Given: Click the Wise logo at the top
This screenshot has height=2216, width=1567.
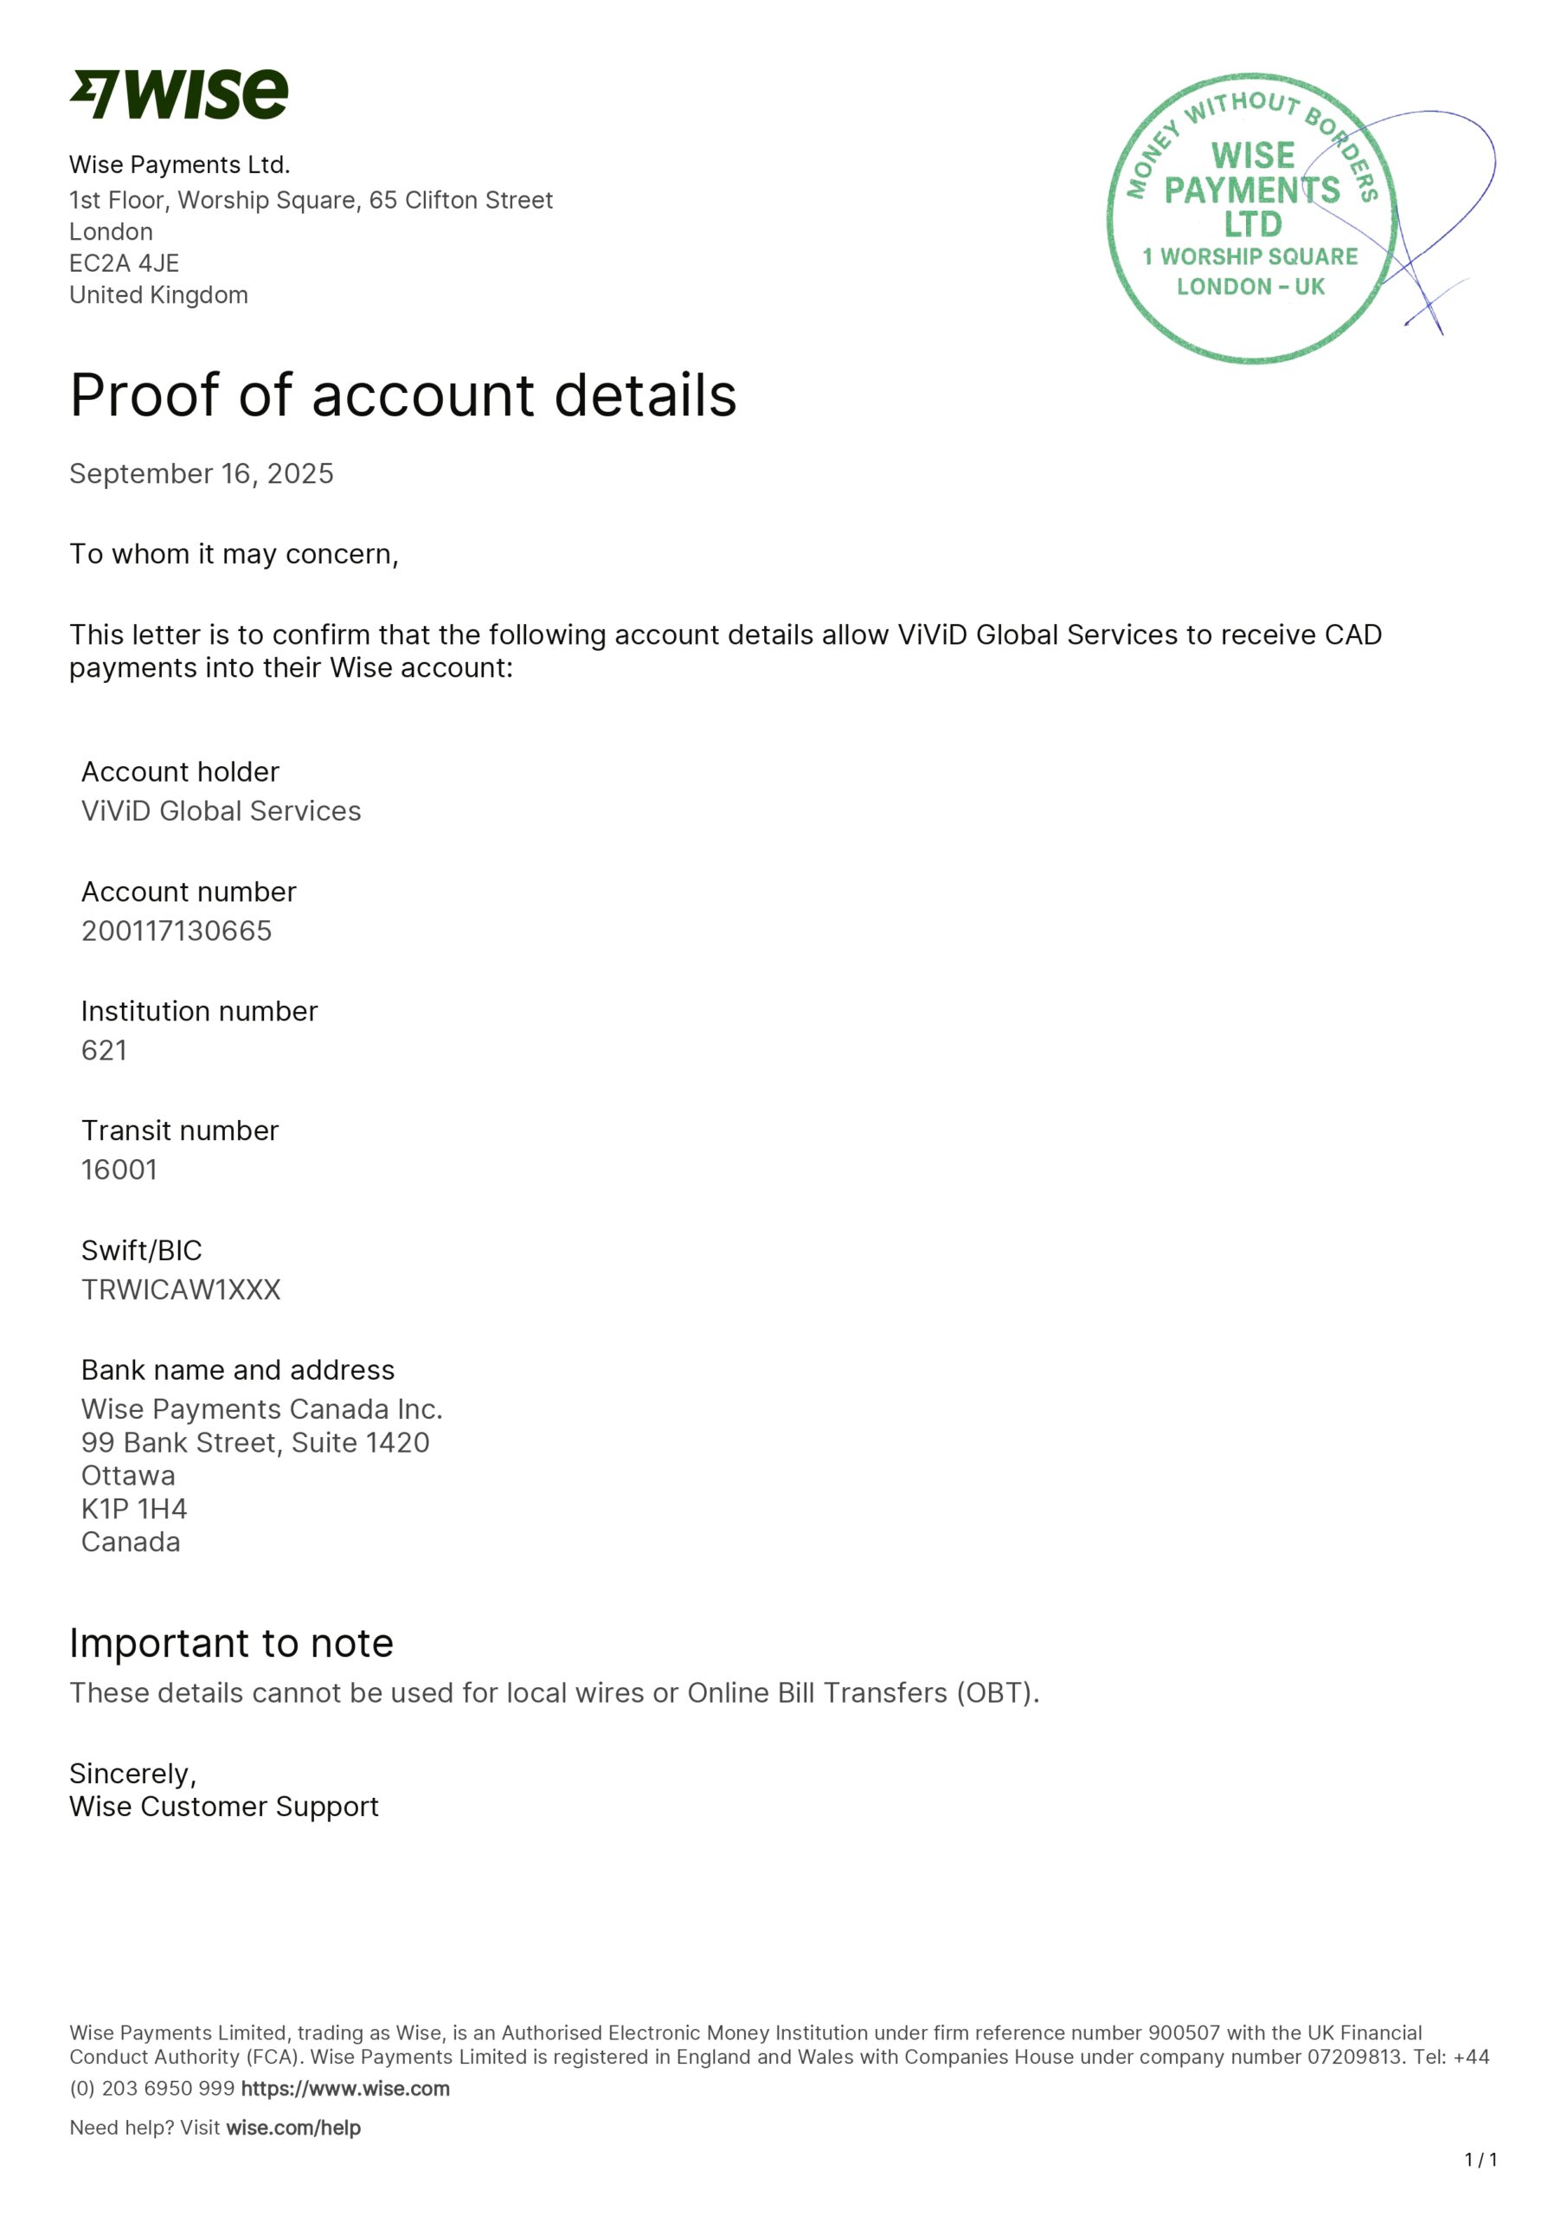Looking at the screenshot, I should pyautogui.click(x=178, y=94).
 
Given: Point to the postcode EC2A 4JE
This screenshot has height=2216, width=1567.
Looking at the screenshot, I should pyautogui.click(x=124, y=263).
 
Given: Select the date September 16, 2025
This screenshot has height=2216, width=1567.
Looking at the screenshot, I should pyautogui.click(x=201, y=473).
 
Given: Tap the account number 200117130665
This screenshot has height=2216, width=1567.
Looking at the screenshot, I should pyautogui.click(x=177, y=931).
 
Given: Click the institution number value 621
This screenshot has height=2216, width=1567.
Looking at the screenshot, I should pyautogui.click(x=104, y=1050).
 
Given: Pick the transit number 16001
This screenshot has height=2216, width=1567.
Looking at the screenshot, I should pyautogui.click(x=119, y=1169).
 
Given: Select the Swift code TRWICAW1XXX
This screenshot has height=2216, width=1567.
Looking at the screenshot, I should pyautogui.click(x=181, y=1290).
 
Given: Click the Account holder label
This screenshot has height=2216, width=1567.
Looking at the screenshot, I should pyautogui.click(x=181, y=772).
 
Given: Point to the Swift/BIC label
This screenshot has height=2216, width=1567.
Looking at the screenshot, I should pyautogui.click(x=142, y=1251).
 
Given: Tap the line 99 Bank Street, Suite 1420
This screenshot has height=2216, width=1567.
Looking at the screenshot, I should pyautogui.click(x=254, y=1442).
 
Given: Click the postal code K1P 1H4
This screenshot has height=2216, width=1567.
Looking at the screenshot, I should pyautogui.click(x=134, y=1509).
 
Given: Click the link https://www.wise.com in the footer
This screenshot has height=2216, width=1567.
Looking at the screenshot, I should pyautogui.click(x=344, y=2089).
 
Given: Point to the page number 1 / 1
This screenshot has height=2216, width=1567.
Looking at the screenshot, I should pyautogui.click(x=1480, y=2160).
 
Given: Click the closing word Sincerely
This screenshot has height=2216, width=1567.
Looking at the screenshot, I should pyautogui.click(x=132, y=1774).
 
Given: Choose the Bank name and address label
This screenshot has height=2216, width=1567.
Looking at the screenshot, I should pyautogui.click(x=237, y=1370).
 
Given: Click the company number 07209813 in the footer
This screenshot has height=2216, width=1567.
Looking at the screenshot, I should pyautogui.click(x=1354, y=2057).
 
